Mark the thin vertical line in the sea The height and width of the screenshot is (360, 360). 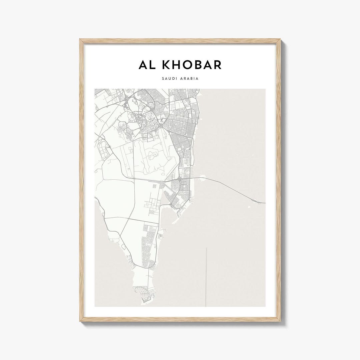pos(206,277)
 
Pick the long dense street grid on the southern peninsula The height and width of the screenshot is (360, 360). pos(148,247)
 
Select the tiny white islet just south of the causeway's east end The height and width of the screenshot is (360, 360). pos(249,207)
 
